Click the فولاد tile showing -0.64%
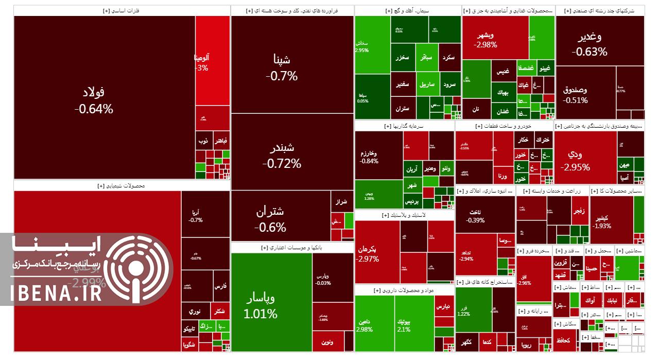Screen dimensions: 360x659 point(94,100)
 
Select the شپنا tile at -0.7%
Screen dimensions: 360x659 point(282,67)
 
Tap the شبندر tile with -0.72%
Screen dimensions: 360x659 point(282,156)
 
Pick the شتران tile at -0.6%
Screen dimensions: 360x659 point(270,218)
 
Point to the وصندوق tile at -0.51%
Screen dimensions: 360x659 point(575,94)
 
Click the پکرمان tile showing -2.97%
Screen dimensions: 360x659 point(367,253)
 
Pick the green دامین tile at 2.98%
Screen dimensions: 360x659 point(364,325)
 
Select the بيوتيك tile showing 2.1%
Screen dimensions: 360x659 point(404,325)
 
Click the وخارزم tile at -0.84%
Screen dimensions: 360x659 point(369,157)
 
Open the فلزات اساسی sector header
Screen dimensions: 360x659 point(122,10)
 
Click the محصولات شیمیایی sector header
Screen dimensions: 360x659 point(122,185)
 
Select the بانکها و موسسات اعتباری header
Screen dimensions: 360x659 point(292,247)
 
